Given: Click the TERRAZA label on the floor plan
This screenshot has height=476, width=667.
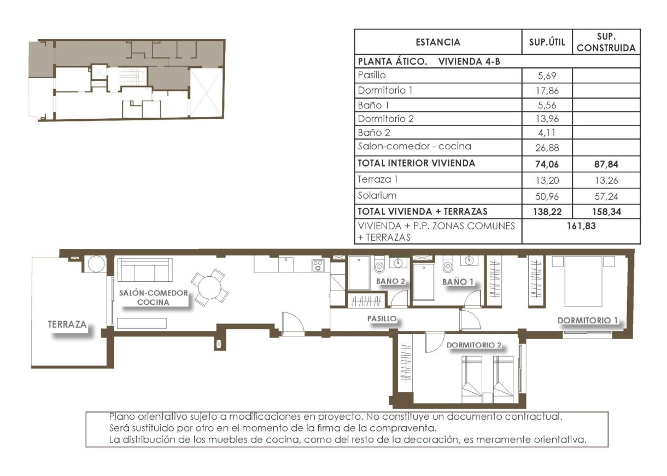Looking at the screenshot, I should (x=67, y=324).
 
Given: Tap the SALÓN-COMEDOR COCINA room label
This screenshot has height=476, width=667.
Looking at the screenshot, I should (x=153, y=297).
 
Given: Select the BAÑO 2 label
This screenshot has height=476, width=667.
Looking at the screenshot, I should (x=390, y=281).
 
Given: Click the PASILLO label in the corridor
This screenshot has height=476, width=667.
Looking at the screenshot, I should (x=381, y=318).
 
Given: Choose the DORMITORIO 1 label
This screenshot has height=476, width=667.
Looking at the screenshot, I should (x=587, y=320).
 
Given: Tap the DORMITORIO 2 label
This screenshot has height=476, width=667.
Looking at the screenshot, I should (x=474, y=345).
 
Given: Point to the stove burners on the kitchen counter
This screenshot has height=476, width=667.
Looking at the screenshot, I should (x=318, y=265).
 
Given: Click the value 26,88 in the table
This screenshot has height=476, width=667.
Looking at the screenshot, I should (x=547, y=148).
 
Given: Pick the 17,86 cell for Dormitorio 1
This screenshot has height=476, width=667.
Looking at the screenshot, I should (x=547, y=91).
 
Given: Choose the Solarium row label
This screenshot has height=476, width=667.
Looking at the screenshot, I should (x=377, y=195).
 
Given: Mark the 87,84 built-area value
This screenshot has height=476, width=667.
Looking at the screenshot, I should (x=606, y=163).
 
